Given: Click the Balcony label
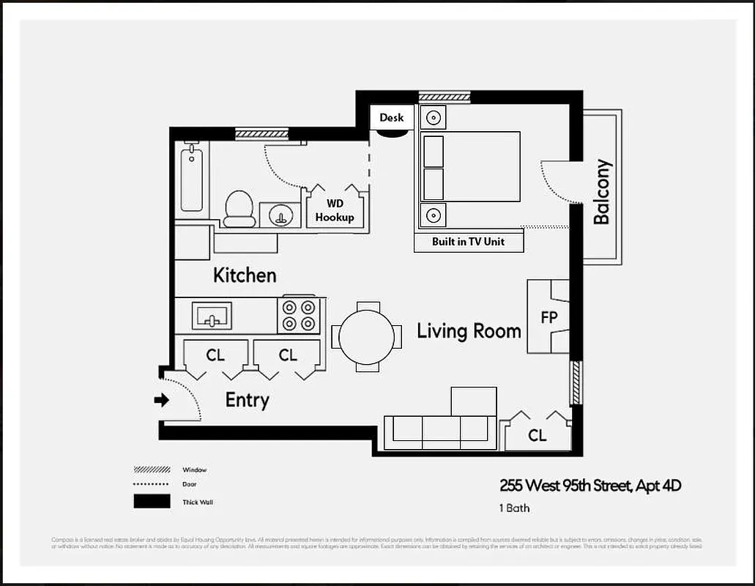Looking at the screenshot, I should coord(601,192).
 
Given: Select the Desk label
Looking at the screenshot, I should coord(391,117).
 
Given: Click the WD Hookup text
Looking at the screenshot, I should coord(334,211).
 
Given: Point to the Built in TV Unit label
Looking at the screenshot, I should coord(468,242).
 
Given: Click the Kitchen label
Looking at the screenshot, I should coord(245,275).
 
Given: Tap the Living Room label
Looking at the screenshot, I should coord(469,331).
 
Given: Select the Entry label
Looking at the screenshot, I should coord(247,400).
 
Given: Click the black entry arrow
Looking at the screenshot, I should coord(162,400).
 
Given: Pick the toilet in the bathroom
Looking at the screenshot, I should coord(239,209).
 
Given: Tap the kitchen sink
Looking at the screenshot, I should coord(212,316).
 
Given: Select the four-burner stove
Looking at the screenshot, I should coord(299,315).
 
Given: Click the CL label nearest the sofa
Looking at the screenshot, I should coord(537,436).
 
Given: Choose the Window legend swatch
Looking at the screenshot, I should coord(152,470).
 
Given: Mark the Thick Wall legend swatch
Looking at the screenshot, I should coord(152,502).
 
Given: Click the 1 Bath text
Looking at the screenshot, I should coord(515,508).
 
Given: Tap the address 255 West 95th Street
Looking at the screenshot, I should coord(564,485).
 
